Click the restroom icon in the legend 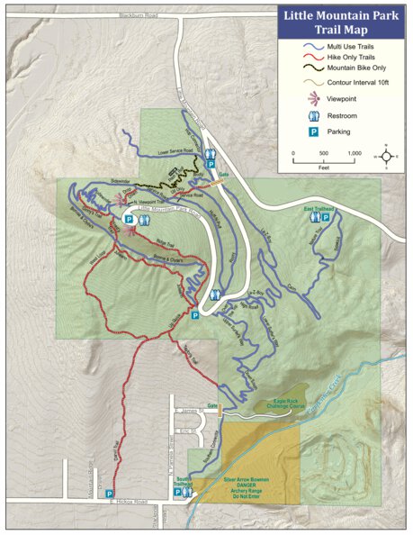tap(314, 115)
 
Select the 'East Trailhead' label tap(320, 208)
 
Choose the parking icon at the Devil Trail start tap(110, 493)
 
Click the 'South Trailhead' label tap(184, 481)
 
